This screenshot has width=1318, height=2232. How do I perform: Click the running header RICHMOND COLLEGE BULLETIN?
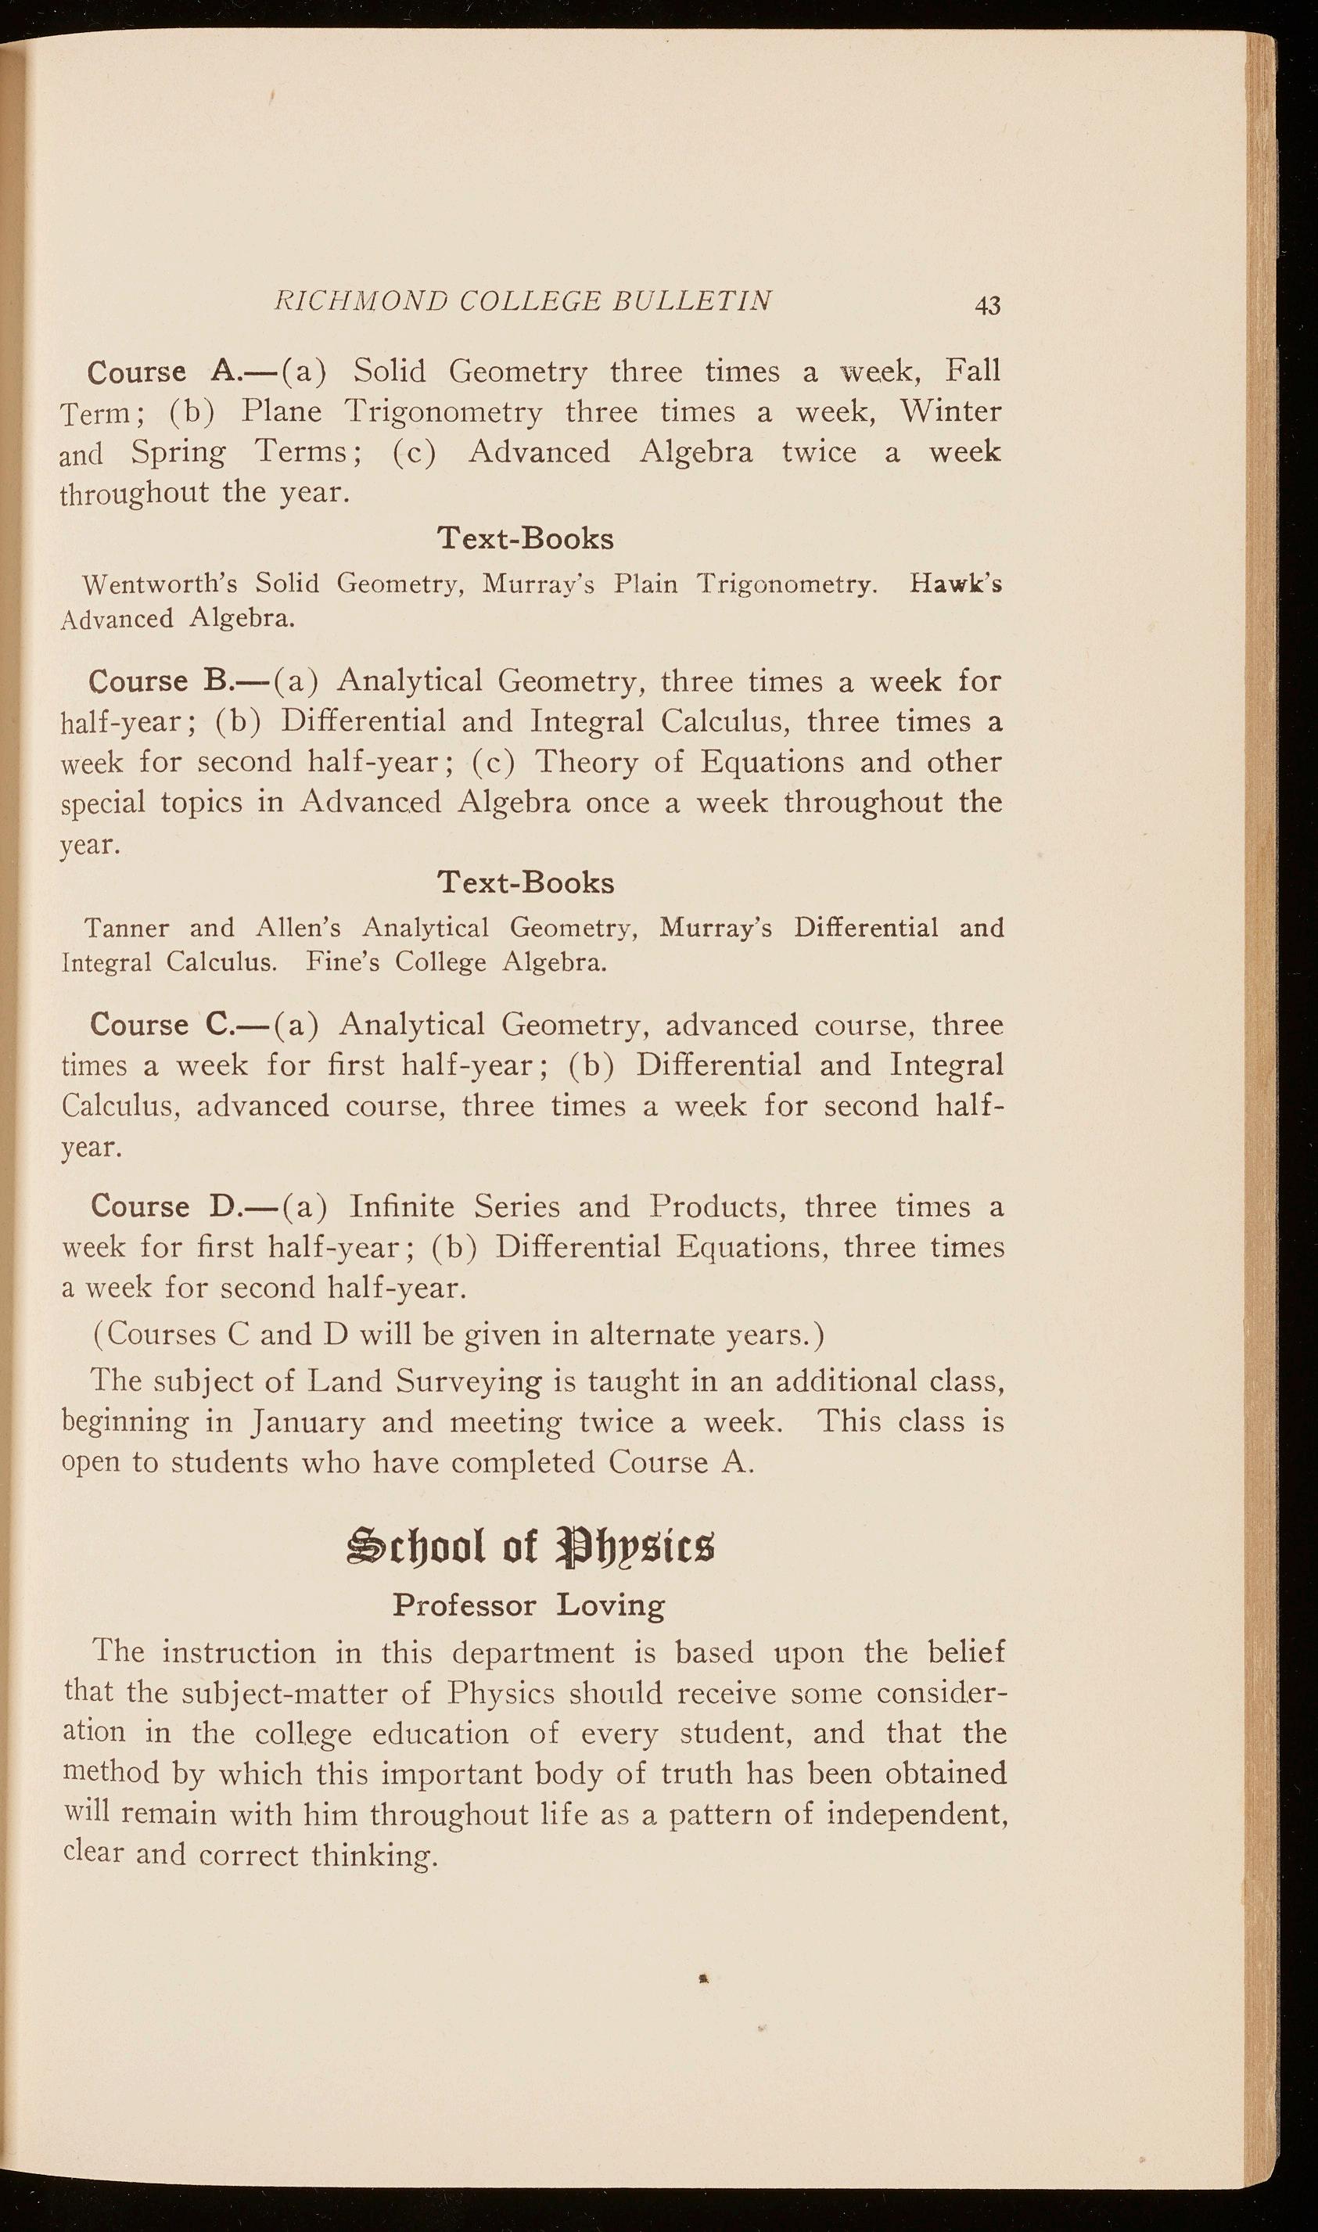point(523,300)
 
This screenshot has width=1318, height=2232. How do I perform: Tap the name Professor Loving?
point(529,1605)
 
